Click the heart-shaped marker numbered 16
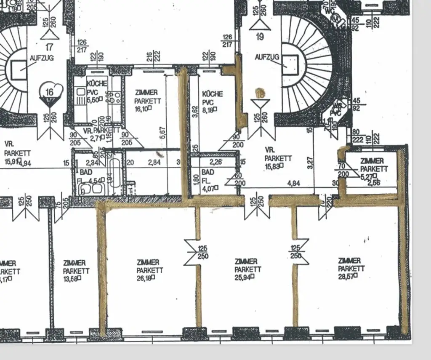click(50, 92)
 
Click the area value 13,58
click(72, 278)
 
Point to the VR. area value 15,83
click(274, 166)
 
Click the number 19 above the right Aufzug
click(260, 37)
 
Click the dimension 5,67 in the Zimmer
click(162, 133)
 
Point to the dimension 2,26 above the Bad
click(216, 162)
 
